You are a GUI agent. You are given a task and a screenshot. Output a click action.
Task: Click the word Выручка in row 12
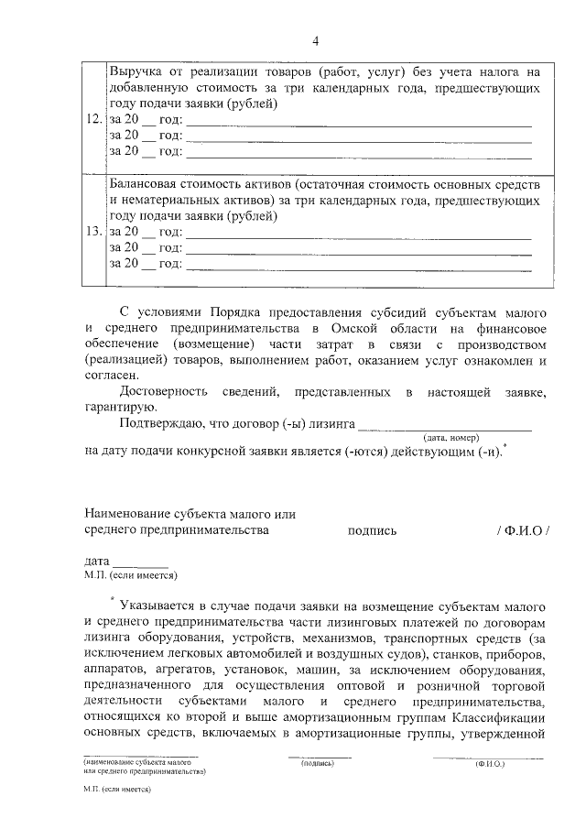[x=137, y=71]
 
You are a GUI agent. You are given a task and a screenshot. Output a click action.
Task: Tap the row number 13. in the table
[x=93, y=233]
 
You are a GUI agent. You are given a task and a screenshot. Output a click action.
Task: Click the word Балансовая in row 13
[x=145, y=184]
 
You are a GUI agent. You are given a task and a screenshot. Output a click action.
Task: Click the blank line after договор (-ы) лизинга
[x=444, y=426]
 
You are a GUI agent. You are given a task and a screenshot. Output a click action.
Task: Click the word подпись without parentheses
[x=372, y=529]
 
